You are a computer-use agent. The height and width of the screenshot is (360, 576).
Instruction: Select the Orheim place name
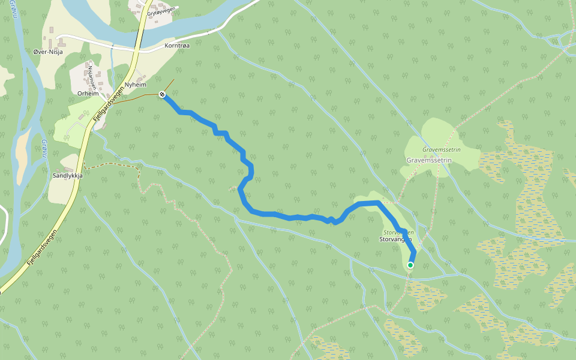(88, 94)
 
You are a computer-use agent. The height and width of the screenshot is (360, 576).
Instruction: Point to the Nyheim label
(136, 85)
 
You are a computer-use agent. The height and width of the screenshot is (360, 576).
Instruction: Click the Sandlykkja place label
(67, 176)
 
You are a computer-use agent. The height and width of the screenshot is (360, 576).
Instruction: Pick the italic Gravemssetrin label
(440, 149)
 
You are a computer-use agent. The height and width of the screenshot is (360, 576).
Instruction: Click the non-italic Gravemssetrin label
(429, 161)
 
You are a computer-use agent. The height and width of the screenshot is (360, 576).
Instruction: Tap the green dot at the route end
(410, 265)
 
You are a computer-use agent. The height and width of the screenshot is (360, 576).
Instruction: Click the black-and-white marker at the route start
(162, 94)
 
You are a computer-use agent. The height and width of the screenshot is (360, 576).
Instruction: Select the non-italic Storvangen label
(395, 239)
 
